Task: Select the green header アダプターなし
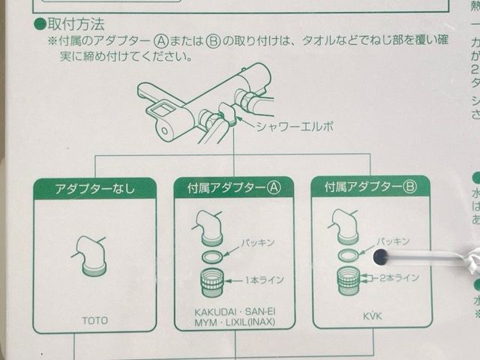[x=94, y=189]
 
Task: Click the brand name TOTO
[x=94, y=320]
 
